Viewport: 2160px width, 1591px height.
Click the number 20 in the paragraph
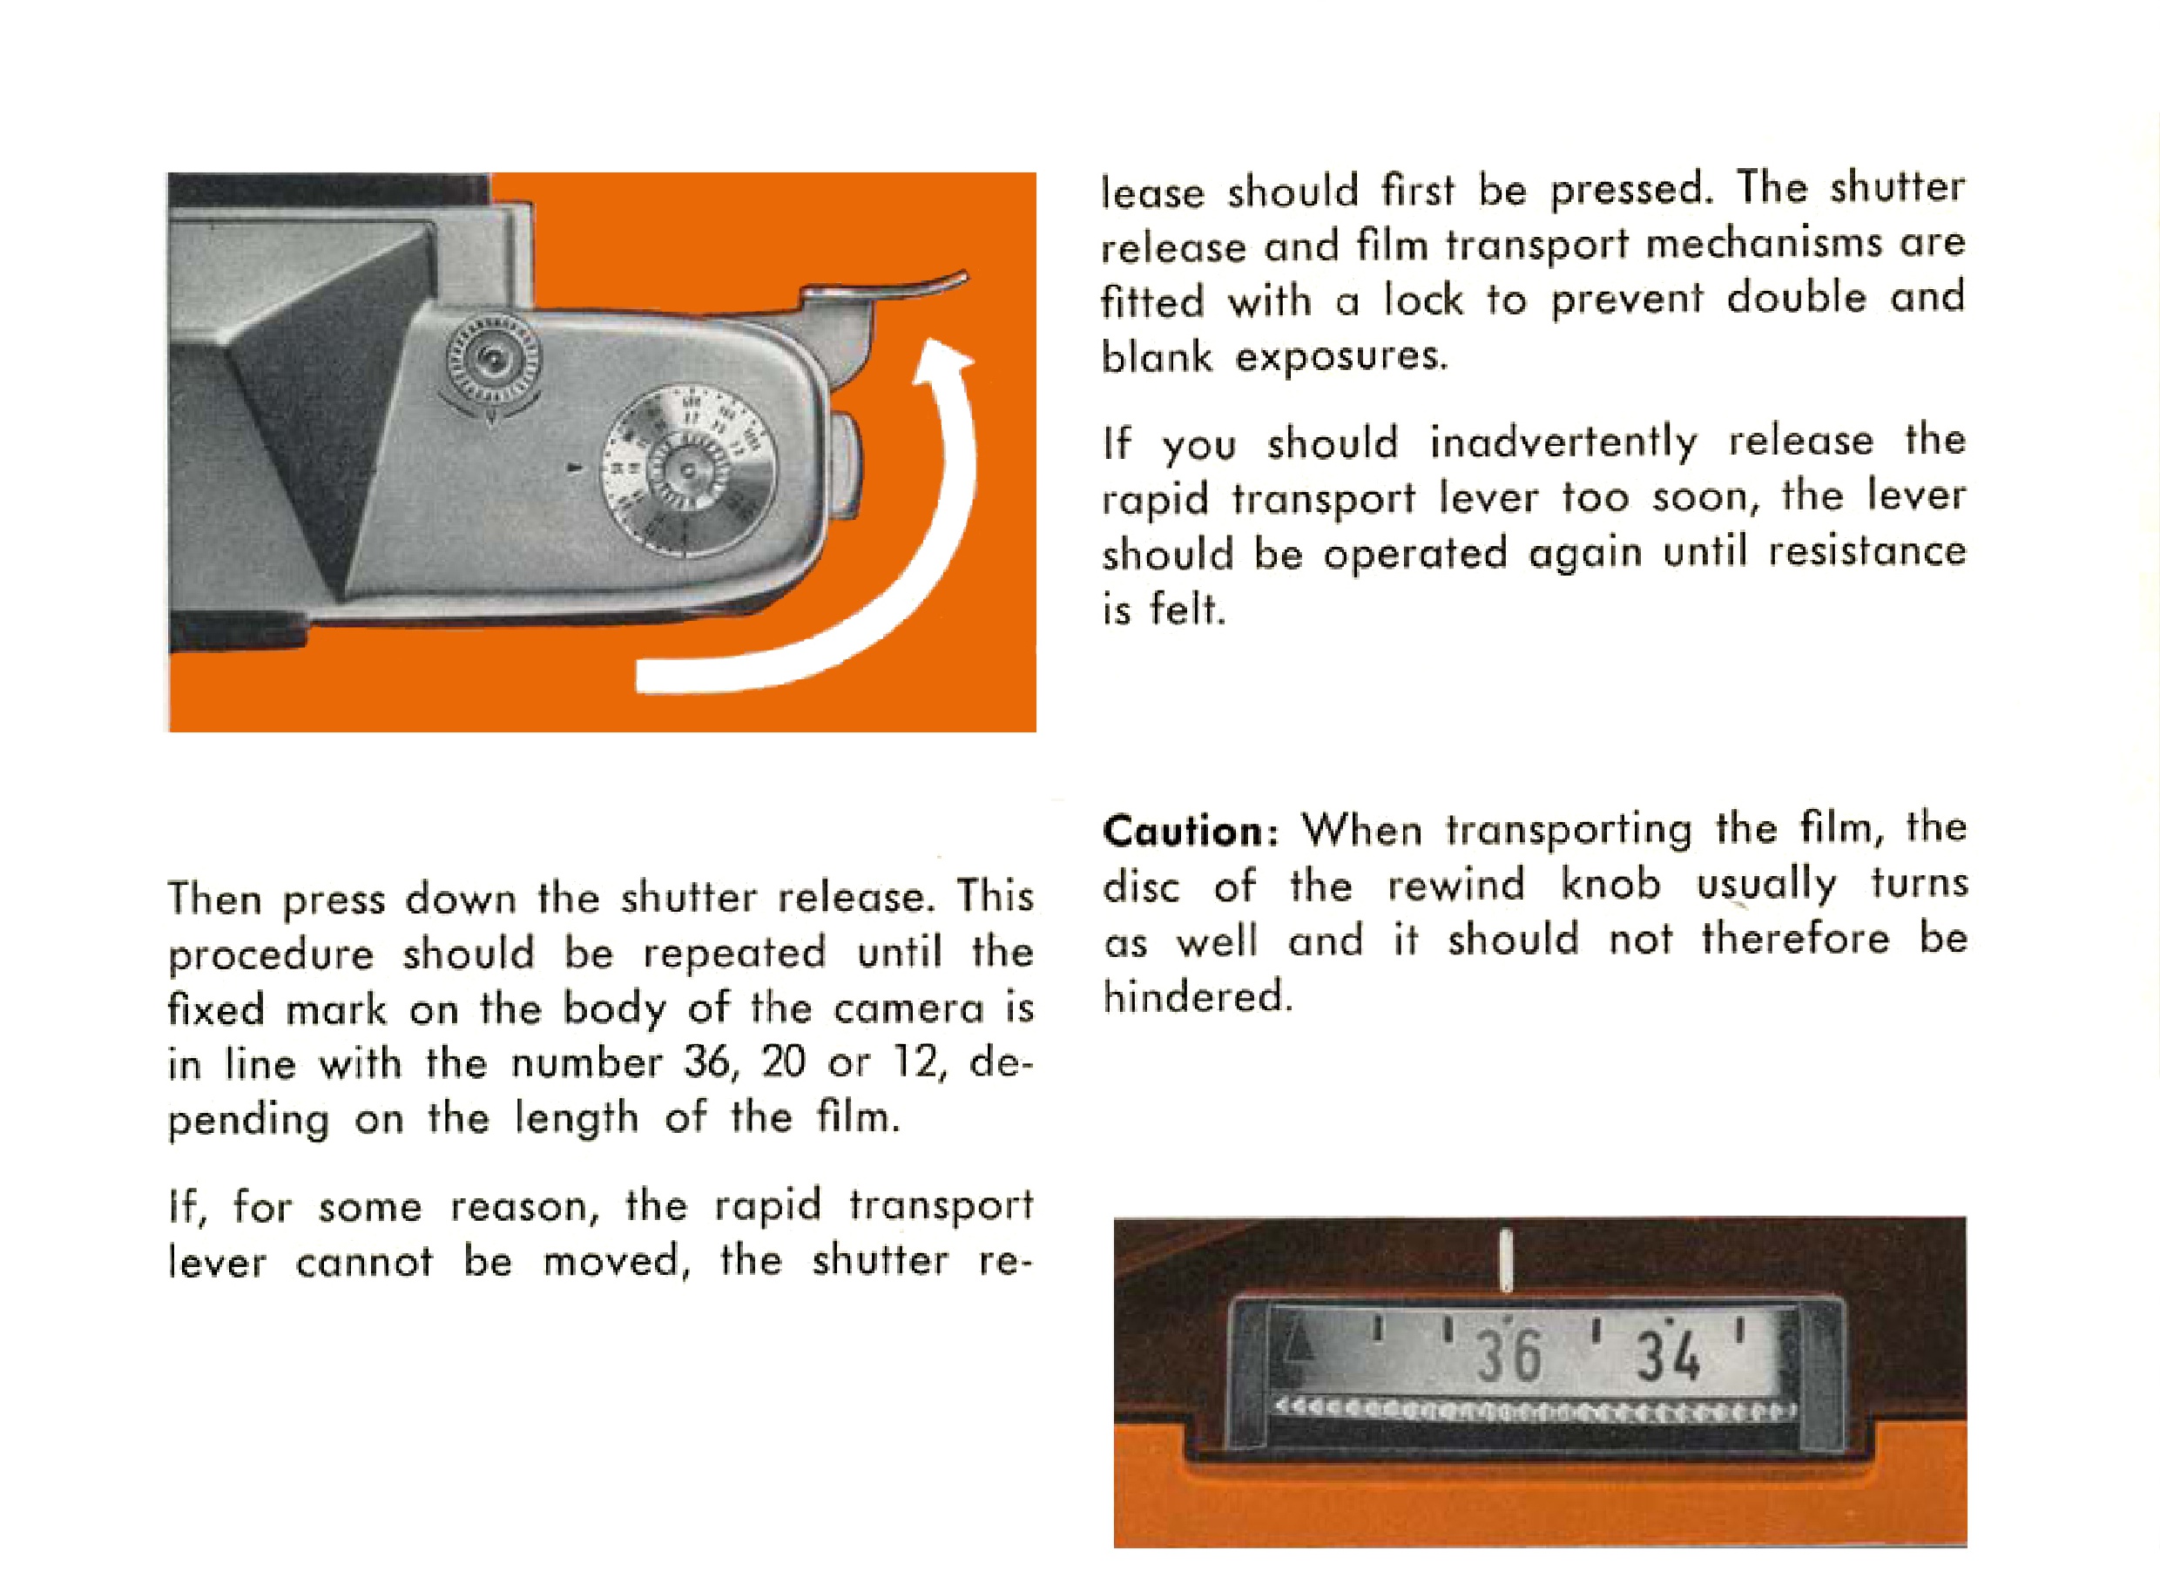(785, 1062)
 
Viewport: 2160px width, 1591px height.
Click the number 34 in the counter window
(1669, 1356)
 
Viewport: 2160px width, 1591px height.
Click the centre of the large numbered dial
(687, 470)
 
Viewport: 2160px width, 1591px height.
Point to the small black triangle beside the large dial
(576, 468)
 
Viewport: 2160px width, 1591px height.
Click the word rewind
(1457, 884)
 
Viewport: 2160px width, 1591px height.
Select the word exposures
(1341, 357)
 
